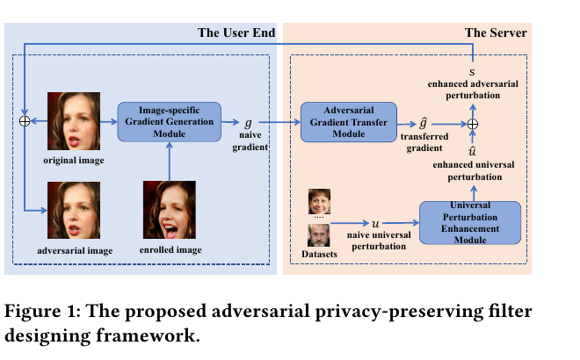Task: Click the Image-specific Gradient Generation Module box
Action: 170,122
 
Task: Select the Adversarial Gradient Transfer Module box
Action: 349,122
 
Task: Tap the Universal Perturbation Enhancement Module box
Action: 470,222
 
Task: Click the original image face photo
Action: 74,121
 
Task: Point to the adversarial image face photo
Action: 74,210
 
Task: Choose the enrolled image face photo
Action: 170,210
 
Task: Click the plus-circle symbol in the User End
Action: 25,121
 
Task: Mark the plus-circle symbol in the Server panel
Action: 473,124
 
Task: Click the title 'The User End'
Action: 236,32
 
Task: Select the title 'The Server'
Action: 496,32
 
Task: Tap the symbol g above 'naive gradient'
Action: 248,123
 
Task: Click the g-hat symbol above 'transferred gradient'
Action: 424,123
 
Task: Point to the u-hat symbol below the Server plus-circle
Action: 473,151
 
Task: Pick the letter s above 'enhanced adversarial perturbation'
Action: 472,73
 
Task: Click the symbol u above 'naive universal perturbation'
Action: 375,224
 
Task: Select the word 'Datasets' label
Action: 319,255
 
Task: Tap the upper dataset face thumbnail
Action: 319,202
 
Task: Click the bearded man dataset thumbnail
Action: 318,235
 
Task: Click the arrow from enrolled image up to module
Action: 170,162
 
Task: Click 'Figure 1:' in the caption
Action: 42,311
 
